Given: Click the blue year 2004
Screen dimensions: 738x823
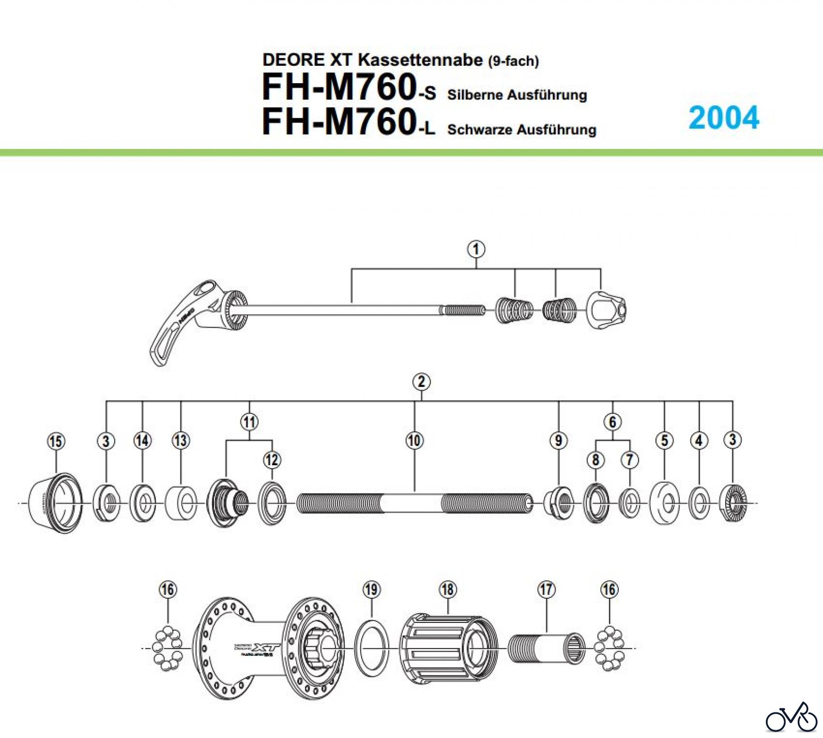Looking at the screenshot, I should (x=724, y=118).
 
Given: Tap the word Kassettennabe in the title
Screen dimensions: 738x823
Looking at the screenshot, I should (x=420, y=60).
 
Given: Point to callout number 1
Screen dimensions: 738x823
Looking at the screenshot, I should (x=476, y=250).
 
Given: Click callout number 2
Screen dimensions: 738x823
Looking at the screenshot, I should (x=421, y=382).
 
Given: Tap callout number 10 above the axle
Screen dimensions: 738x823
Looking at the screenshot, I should (x=414, y=441).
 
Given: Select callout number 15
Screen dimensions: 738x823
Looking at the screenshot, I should (x=56, y=441).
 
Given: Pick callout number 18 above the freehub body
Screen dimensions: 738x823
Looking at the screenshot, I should (x=448, y=589).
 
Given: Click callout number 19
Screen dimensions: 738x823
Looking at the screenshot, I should (x=371, y=589).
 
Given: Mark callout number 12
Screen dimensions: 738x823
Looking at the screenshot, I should (x=272, y=460).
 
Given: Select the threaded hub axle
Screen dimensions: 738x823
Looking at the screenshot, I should (x=414, y=503).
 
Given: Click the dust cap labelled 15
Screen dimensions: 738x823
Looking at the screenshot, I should (x=55, y=503).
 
